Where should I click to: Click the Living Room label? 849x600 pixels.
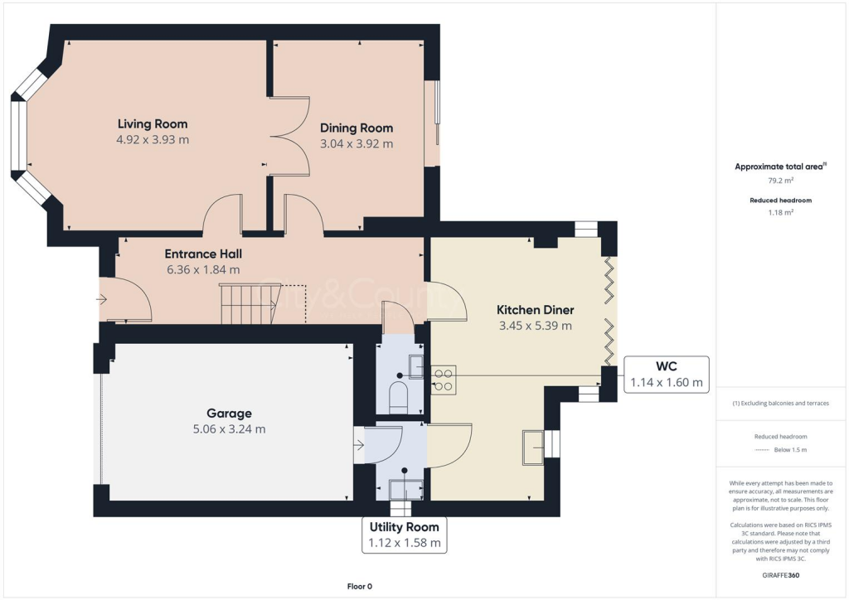(x=153, y=123)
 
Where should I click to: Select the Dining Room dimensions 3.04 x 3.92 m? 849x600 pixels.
(x=357, y=143)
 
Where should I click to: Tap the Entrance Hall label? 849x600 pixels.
(x=203, y=254)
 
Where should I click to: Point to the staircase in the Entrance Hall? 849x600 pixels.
(x=248, y=304)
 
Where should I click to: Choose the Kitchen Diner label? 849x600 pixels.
(x=535, y=309)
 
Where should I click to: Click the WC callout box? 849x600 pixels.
(x=666, y=374)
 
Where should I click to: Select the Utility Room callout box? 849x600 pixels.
(x=404, y=535)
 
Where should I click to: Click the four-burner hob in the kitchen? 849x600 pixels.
(x=444, y=379)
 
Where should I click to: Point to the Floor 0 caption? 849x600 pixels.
(x=360, y=587)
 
